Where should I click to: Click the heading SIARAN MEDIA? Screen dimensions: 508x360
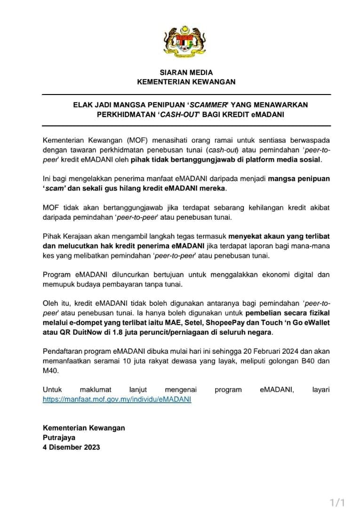(186, 72)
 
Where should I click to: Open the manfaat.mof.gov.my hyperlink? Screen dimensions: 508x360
(117, 399)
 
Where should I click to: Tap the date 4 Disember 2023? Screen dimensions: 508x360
(71, 447)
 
